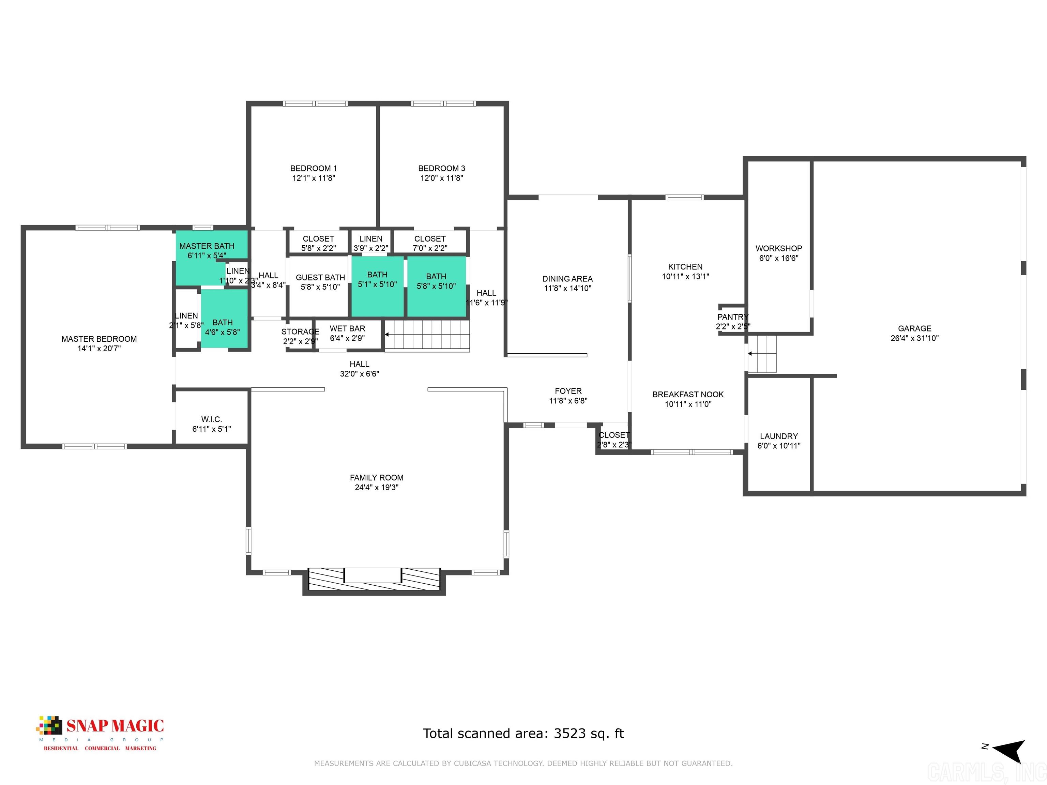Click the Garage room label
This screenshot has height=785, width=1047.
914,328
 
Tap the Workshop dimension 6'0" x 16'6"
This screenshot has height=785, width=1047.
779,258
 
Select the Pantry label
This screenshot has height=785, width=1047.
732,317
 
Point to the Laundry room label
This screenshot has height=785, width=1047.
779,436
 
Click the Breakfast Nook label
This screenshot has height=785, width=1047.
688,395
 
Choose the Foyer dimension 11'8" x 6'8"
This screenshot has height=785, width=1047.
568,401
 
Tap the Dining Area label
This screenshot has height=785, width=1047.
567,279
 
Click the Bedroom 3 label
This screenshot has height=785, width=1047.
441,168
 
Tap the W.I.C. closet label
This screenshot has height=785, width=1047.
211,419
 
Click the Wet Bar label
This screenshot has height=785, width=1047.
347,328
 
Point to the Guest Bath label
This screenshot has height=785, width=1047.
320,278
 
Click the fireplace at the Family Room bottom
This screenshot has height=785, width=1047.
374,579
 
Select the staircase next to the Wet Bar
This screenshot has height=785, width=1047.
427,335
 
